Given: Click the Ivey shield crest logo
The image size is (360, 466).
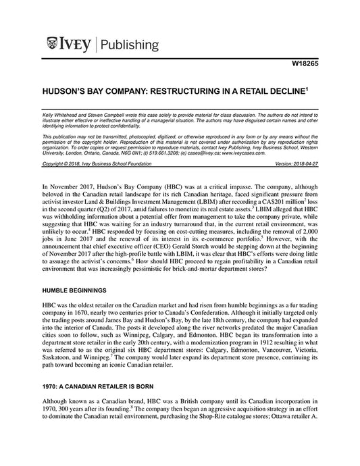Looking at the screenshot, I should coord(53,45).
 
